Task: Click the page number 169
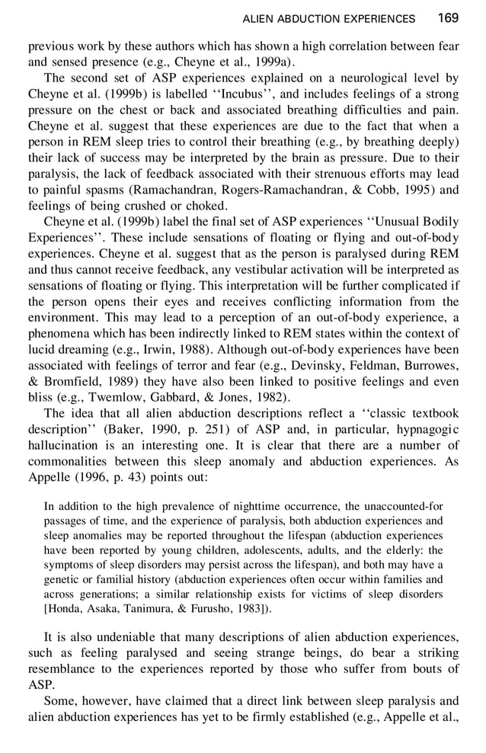pyautogui.click(x=449, y=18)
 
